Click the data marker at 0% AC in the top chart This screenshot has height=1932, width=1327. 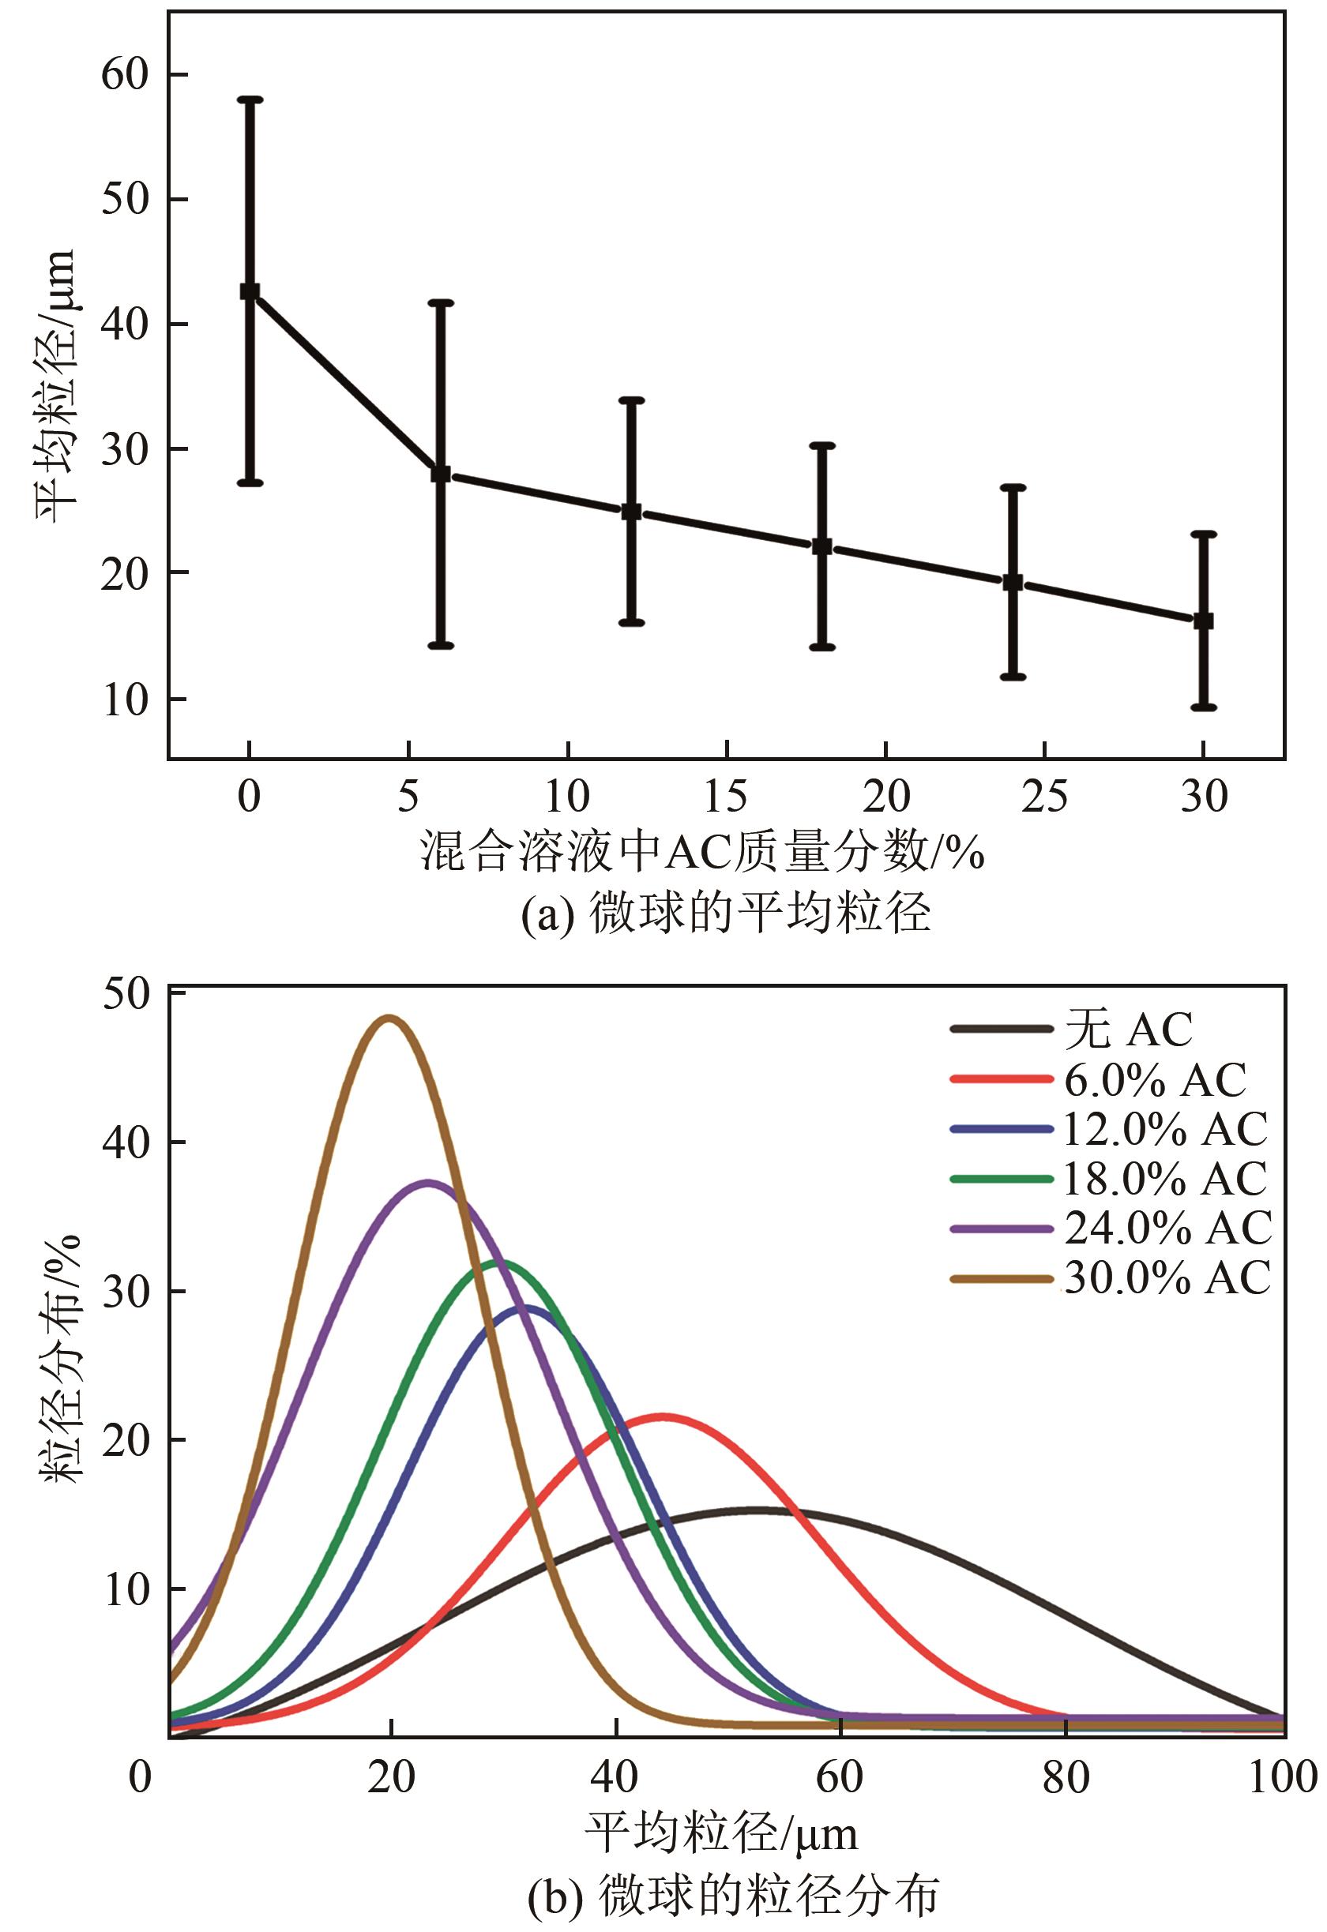[250, 291]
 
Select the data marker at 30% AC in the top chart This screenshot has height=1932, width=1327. [1203, 621]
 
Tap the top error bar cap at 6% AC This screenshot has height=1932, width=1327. [441, 302]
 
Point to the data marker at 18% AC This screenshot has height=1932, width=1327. [821, 546]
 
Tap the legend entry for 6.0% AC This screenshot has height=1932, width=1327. [1155, 1080]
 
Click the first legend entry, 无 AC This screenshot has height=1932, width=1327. [1128, 1030]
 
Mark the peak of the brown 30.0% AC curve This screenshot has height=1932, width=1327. [389, 1018]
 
